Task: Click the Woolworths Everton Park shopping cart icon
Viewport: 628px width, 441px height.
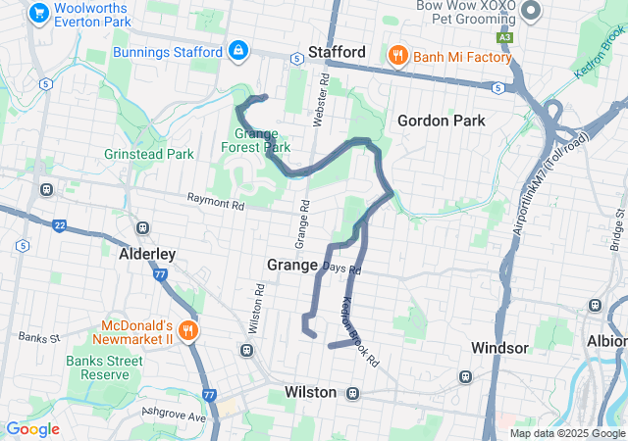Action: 39,13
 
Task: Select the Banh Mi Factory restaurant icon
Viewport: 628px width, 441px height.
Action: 397,56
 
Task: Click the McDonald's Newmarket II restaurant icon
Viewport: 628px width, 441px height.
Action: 185,331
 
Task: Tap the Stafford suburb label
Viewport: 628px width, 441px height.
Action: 337,52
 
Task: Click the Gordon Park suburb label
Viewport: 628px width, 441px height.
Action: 442,121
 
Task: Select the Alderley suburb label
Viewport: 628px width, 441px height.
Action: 147,254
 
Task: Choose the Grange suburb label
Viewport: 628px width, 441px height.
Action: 292,265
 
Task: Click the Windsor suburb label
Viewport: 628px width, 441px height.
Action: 500,348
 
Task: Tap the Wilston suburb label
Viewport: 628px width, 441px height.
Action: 311,392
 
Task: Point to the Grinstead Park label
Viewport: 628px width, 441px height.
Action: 149,154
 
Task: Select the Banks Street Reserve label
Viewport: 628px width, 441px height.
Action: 105,367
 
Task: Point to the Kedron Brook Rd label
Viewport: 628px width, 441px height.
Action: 360,332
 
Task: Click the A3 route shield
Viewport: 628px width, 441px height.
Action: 504,37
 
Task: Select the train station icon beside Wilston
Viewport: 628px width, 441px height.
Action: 353,393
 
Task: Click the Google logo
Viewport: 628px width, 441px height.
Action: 32,429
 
